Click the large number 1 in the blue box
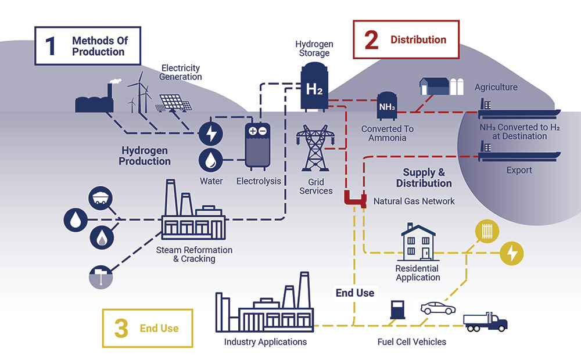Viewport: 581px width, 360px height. click(51, 46)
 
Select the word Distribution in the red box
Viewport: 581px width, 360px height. click(418, 40)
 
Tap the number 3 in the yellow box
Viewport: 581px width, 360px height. click(121, 329)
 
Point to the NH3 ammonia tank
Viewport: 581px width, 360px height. click(386, 106)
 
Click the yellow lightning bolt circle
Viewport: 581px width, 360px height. click(512, 253)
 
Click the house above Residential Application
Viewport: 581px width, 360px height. click(418, 242)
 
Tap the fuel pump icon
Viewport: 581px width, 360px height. click(397, 309)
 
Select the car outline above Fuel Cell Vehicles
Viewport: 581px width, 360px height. click(437, 308)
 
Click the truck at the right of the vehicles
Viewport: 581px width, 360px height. click(485, 322)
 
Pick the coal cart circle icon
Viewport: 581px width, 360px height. click(100, 198)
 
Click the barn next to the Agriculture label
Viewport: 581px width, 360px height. click(434, 86)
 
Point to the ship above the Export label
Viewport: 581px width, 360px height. click(517, 153)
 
